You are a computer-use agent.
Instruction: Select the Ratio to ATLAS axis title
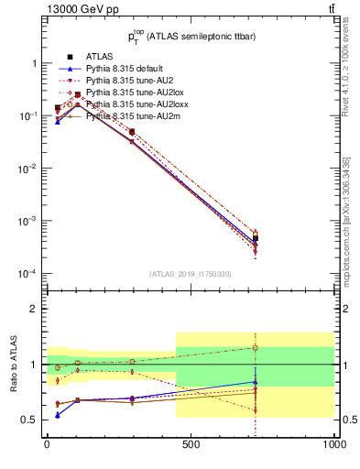[x=12, y=364]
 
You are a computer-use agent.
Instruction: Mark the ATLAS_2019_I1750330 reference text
[x=191, y=274]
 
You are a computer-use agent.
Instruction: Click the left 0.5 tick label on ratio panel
[x=30, y=420]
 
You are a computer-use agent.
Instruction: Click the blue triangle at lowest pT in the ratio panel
[x=58, y=415]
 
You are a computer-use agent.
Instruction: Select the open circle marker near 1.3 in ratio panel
[x=256, y=348]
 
